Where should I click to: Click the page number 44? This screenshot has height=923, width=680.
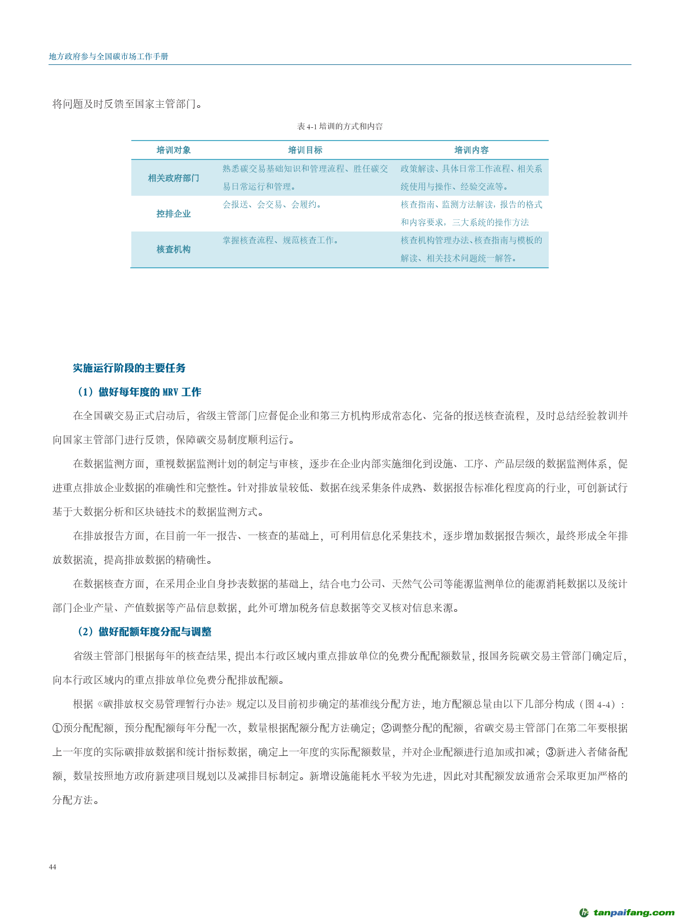click(x=53, y=866)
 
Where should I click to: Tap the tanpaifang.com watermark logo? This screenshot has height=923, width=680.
click(x=627, y=912)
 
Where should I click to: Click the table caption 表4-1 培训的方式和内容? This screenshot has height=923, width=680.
click(x=340, y=126)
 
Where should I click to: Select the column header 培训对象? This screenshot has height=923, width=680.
click(x=174, y=150)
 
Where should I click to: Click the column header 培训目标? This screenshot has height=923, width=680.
click(x=305, y=150)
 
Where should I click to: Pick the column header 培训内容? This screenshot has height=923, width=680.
click(x=472, y=150)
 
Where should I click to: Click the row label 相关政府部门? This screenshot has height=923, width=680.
click(x=174, y=178)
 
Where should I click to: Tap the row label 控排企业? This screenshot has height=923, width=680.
click(x=174, y=214)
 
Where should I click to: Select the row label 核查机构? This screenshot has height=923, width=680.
click(x=174, y=249)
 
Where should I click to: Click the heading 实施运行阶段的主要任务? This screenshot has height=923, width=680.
click(x=129, y=368)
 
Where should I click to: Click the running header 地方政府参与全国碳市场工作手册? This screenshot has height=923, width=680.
click(x=109, y=56)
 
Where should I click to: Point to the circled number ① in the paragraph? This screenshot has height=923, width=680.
click(x=57, y=728)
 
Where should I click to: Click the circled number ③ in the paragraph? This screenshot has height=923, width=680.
click(x=550, y=752)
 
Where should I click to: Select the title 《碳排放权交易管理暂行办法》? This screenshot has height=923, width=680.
click(x=165, y=704)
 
